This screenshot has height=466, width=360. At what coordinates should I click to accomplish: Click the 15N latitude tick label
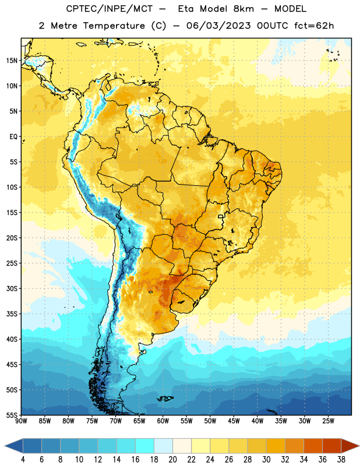point(12,61)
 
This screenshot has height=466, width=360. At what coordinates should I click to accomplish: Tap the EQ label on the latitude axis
point(13,137)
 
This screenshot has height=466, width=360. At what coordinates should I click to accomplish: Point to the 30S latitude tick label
point(12,288)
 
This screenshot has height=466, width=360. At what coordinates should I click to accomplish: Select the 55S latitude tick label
point(12,415)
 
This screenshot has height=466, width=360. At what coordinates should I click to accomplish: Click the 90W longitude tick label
point(21,421)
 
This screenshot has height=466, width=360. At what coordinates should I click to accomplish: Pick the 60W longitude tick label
point(163,421)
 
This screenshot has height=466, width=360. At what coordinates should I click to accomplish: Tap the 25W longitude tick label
point(328,421)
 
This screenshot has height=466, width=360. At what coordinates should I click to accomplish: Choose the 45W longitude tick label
point(234,421)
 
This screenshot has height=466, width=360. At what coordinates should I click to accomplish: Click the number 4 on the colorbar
point(23,460)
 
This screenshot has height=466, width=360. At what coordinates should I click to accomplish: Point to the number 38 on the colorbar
point(341,460)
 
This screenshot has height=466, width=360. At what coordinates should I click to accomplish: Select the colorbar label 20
point(172,460)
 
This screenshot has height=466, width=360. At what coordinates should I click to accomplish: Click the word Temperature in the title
point(114,26)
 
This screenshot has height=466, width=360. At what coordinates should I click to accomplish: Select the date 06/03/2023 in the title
point(218,26)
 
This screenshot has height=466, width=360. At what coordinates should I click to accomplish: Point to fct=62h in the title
point(314,26)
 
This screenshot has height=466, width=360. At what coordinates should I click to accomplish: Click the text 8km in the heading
point(243,9)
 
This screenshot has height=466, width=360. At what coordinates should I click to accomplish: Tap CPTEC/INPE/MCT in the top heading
point(110,9)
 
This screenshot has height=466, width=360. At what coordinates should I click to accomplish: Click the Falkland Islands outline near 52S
point(165,398)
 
